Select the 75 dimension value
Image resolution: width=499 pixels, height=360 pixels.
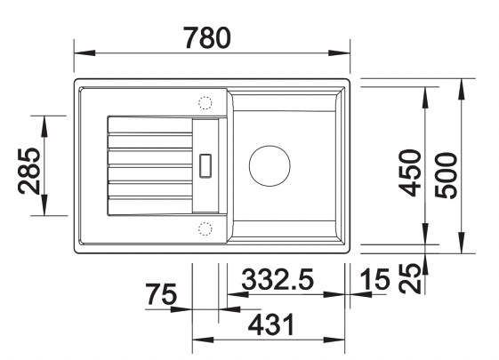pyautogui.click(x=162, y=294)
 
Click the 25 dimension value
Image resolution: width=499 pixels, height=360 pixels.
pyautogui.click(x=410, y=278)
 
